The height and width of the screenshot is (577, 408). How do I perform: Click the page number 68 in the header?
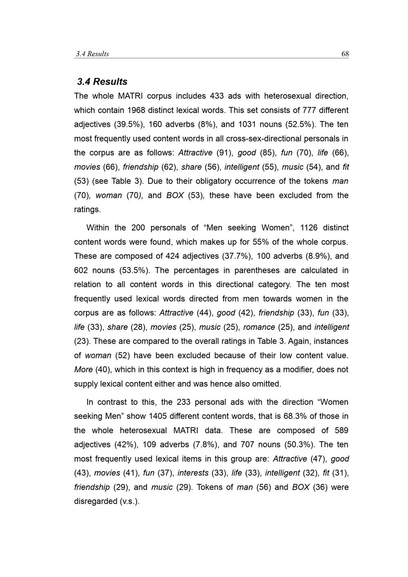tap(345, 54)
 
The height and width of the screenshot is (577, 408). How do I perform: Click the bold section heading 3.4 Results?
tap(102, 82)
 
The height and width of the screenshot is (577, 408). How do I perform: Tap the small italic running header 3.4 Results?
tap(93, 54)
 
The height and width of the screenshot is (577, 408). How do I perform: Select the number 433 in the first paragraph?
tap(217, 96)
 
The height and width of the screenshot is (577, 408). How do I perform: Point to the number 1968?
tap(136, 111)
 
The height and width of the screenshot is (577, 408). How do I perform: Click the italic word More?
tap(83, 370)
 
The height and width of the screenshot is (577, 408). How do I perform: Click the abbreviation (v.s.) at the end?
tap(130, 502)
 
